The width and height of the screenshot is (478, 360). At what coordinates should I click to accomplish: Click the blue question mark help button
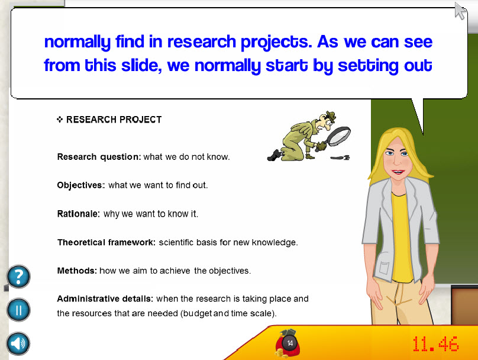18,277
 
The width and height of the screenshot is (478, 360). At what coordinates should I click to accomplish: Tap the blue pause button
18,310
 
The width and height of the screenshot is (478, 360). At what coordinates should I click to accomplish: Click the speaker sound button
18,344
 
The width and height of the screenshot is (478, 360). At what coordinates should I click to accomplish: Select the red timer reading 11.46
435,344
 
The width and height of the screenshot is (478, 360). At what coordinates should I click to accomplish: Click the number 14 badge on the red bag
290,343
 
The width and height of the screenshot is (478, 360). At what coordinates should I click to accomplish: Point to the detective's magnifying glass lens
339,136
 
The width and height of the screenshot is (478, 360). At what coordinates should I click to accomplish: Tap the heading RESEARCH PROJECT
114,120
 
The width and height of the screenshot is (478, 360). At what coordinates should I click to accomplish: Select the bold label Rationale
78,214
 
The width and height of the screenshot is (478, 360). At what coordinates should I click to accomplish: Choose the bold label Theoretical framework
106,242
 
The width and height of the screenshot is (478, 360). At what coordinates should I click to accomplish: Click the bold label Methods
77,271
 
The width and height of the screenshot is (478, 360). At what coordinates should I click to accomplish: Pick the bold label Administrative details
105,298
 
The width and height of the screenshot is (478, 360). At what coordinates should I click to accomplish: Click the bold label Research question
99,157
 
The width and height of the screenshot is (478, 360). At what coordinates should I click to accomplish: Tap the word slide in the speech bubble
141,65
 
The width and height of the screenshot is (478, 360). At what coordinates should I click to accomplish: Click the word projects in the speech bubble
276,42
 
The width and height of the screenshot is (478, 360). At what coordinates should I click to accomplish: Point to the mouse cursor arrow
460,11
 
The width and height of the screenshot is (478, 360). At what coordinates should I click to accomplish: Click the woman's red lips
399,172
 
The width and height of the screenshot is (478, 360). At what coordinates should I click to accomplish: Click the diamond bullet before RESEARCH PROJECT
60,119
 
